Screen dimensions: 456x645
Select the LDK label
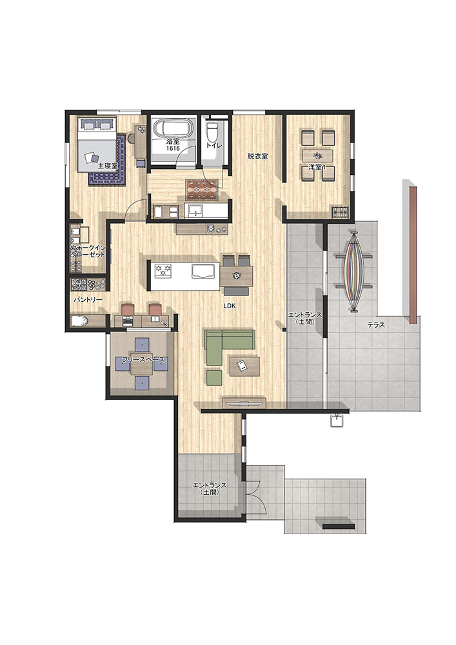(230, 306)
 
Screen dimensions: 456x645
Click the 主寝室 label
(108, 166)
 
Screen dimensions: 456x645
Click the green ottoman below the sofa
(214, 377)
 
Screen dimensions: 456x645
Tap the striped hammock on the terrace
(353, 271)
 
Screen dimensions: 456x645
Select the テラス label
(376, 325)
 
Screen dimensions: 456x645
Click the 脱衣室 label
(257, 156)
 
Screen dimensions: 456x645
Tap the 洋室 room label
(317, 168)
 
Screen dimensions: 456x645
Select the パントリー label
(88, 300)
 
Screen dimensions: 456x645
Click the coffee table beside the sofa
(244, 366)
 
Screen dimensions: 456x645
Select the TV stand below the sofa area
(244, 402)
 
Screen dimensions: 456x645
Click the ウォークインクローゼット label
(88, 252)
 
